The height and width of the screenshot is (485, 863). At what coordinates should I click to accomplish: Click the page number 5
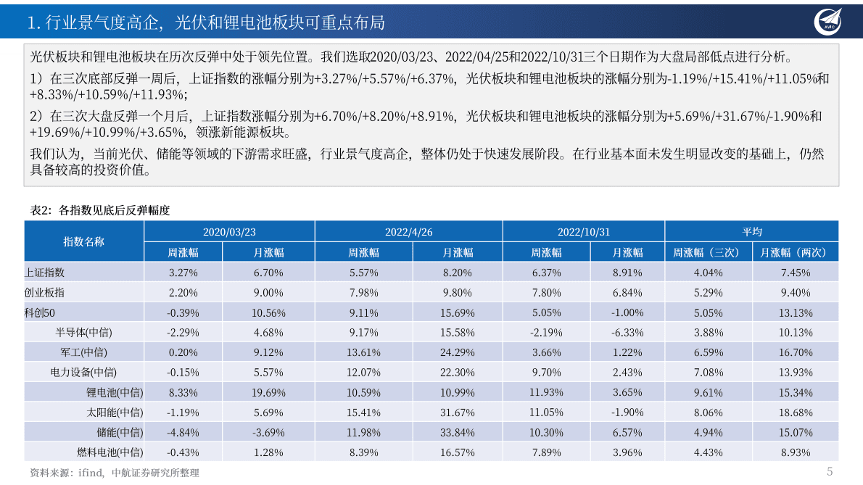(830, 471)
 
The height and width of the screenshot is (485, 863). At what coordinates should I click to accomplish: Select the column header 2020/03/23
(229, 231)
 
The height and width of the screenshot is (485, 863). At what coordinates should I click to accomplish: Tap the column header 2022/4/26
(408, 231)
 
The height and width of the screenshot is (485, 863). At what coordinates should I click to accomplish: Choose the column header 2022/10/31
(583, 231)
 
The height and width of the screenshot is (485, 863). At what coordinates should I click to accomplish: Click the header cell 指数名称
(83, 241)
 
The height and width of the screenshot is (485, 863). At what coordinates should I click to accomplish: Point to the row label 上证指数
(45, 273)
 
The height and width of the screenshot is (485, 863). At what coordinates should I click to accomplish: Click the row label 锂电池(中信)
(115, 392)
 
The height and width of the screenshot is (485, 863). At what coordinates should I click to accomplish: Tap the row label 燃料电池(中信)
(110, 452)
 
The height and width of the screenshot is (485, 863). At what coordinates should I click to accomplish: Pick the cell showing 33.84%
(458, 432)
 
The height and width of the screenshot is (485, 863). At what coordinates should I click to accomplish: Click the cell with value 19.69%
(268, 392)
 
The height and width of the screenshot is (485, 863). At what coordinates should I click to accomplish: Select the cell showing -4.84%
(183, 432)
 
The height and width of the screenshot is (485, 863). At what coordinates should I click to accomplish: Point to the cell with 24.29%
(458, 352)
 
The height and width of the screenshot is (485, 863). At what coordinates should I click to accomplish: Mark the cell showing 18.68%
(796, 413)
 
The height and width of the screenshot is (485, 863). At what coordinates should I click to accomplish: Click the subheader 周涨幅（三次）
(708, 252)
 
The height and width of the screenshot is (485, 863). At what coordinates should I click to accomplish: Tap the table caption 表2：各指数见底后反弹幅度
(99, 210)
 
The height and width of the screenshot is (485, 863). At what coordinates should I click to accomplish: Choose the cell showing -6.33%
(627, 333)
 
